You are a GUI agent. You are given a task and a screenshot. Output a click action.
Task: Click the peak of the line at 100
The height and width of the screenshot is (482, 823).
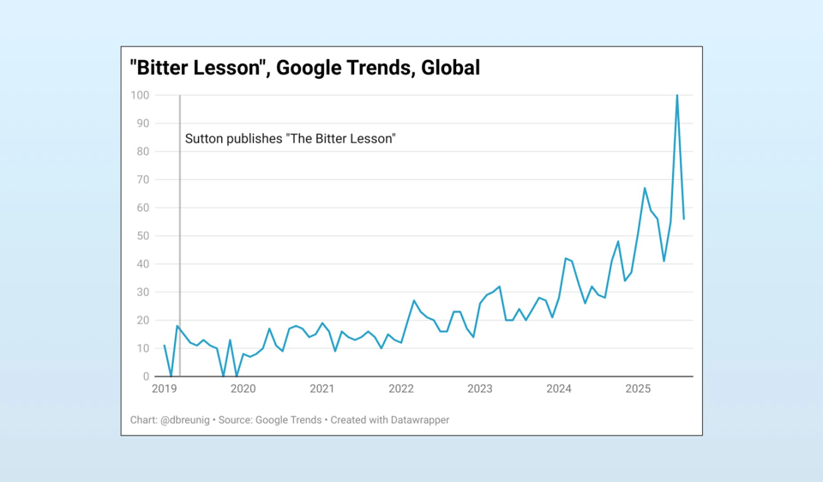(x=677, y=95)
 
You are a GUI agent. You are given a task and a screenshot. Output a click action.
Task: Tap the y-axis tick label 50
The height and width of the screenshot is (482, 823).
(x=141, y=236)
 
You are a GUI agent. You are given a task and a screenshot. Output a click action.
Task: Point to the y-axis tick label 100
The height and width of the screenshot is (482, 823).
(x=139, y=95)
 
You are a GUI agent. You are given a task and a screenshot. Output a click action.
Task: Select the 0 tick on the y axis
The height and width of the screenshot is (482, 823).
(x=145, y=377)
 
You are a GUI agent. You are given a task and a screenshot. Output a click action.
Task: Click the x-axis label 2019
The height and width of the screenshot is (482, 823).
(x=164, y=389)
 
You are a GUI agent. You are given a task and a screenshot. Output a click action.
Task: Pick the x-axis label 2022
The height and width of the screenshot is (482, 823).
(x=401, y=389)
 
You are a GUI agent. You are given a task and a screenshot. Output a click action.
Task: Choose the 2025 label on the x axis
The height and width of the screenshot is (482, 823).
(x=638, y=389)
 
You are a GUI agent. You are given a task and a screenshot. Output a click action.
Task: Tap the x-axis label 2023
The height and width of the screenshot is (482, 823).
(x=480, y=389)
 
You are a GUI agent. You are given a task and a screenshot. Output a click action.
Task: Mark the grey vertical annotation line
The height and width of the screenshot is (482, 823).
(x=180, y=257)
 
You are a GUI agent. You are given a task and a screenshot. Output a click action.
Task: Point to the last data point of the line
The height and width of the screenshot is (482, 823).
(x=683, y=219)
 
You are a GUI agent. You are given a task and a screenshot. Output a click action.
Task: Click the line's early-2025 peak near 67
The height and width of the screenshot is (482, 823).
(x=645, y=188)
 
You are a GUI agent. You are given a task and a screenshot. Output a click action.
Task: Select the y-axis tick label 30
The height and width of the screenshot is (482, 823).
(x=141, y=292)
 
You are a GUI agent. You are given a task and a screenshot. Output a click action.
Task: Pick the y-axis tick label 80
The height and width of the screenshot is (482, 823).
(x=141, y=152)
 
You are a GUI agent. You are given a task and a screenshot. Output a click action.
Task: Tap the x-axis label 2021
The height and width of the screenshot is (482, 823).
(x=322, y=389)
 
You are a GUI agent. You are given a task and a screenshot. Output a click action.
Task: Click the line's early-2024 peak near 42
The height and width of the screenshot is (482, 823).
(x=565, y=258)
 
